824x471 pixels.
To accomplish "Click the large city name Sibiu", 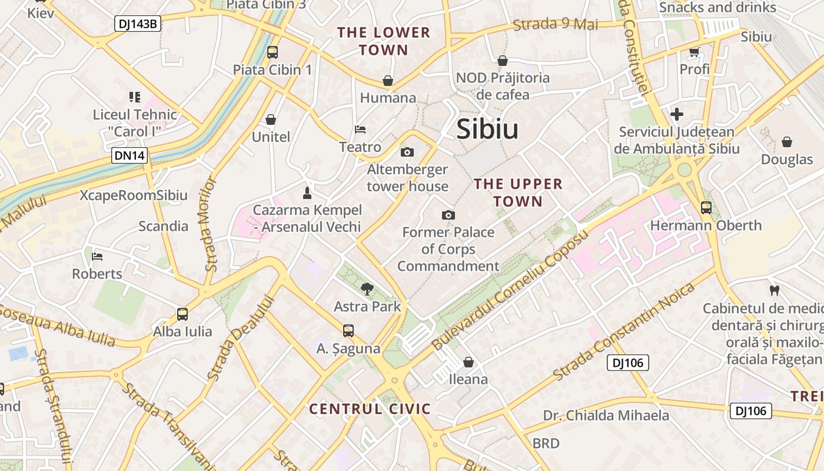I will (x=487, y=130).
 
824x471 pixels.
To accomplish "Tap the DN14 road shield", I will (x=130, y=156).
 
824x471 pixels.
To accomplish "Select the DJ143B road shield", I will (x=137, y=24).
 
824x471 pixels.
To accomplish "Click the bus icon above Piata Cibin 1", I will (x=272, y=52).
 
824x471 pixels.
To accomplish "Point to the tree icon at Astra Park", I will (x=367, y=288).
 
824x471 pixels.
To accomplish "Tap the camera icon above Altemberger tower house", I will (x=407, y=152).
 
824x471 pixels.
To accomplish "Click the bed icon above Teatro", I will (x=360, y=130).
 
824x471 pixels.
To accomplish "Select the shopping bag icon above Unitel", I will (x=271, y=120).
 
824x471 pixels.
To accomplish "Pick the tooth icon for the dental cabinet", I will (x=775, y=290).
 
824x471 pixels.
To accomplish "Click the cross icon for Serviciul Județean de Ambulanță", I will (x=677, y=114).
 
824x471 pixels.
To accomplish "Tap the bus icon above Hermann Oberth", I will (x=706, y=207).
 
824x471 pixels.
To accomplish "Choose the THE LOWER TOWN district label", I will (x=384, y=41).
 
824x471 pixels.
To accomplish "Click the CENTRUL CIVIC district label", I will (x=370, y=409).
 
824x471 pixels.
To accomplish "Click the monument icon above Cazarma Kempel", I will (x=307, y=193).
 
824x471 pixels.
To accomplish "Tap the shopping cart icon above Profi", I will (x=695, y=52).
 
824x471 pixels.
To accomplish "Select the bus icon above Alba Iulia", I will (x=182, y=314).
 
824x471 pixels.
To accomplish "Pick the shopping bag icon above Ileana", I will (x=469, y=361).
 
